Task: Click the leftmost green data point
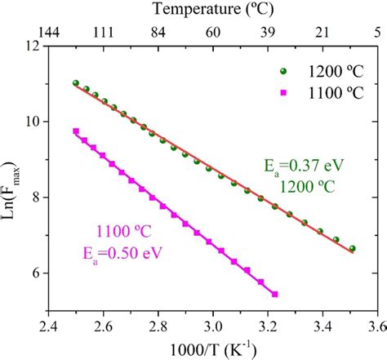(x=76, y=83)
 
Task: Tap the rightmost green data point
(x=352, y=248)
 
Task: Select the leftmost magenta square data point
(x=76, y=131)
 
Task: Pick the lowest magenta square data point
(x=274, y=294)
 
